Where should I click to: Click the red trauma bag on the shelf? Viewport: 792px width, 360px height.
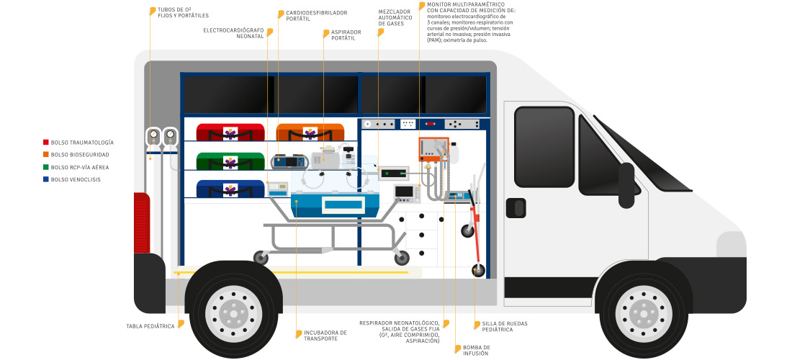coord(231,132)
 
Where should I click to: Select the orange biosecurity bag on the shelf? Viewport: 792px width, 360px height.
coord(310,132)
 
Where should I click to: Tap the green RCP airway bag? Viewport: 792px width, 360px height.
coord(231,160)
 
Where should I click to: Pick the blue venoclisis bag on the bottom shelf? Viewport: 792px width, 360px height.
coord(231,189)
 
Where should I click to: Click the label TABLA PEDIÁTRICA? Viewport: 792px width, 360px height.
coord(150,326)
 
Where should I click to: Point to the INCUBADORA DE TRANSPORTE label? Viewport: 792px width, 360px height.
coord(325,336)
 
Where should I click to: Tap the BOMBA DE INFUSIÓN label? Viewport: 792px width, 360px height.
coord(476,349)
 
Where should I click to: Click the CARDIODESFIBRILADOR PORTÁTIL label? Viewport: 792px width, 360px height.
coord(316,15)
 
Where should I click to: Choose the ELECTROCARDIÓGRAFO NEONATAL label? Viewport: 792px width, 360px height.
coord(234,33)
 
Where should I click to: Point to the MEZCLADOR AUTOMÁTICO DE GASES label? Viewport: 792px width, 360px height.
coord(394,18)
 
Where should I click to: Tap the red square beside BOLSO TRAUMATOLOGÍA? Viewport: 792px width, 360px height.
coord(46,143)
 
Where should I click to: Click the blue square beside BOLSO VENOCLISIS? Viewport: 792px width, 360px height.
coord(46,179)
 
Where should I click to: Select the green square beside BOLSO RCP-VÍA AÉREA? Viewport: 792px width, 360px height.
coord(46,167)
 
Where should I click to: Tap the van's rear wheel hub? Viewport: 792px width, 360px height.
coord(231,310)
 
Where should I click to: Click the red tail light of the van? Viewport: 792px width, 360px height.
coord(142,223)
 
